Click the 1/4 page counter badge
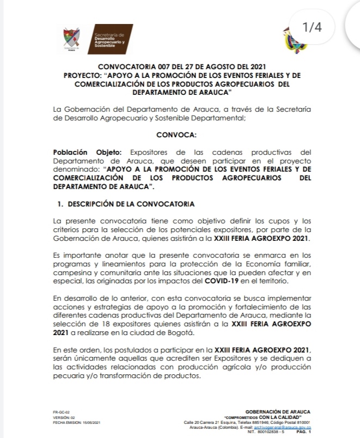313,27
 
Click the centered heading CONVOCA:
179,133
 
